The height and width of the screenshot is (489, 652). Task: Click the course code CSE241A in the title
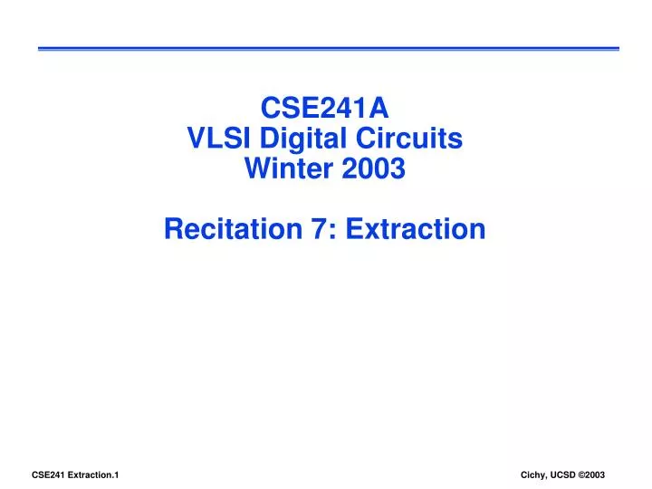tap(325, 110)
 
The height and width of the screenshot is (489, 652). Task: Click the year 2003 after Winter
tap(374, 168)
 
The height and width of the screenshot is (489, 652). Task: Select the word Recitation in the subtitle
tap(230, 229)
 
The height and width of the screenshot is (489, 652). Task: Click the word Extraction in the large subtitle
tap(415, 229)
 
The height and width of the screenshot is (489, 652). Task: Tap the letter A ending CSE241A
tap(380, 110)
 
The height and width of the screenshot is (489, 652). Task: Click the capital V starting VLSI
tap(194, 139)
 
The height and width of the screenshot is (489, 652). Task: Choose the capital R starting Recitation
tap(174, 229)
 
